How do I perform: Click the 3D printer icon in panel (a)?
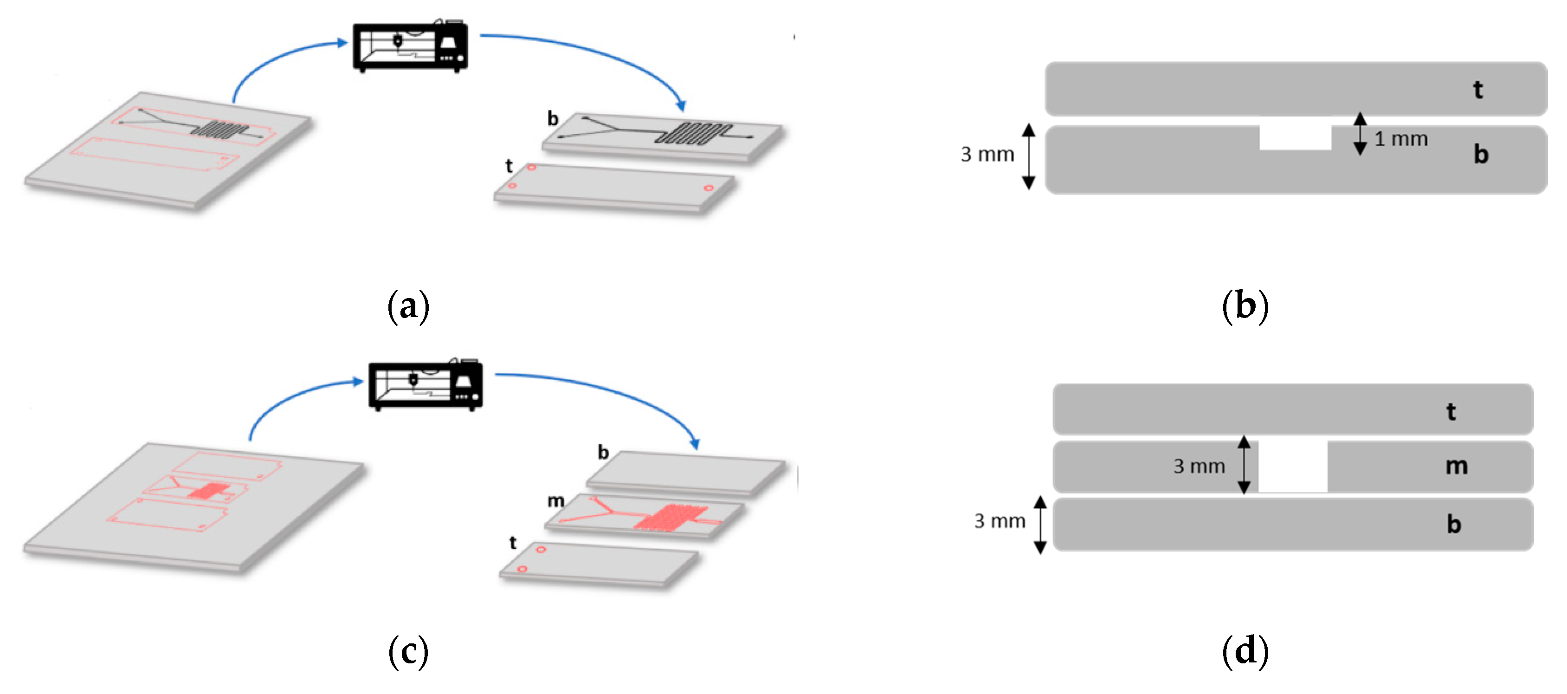coord(411,46)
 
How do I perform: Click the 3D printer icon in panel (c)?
coord(426,385)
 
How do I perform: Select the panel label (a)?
coord(408,306)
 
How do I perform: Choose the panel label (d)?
coord(1245,651)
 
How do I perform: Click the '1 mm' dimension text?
coord(1401,139)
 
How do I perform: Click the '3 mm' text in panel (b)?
coord(987,155)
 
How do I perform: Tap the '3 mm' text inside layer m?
coord(1199,467)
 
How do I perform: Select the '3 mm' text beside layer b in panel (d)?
coord(1000,521)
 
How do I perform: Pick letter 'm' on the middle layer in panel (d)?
coord(1456,467)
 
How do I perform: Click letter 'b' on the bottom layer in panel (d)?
coord(1454,524)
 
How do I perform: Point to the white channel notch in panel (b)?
coord(1295,137)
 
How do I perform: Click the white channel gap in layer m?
coord(1293,467)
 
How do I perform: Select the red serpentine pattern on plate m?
coord(671,518)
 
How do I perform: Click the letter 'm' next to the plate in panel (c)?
coord(555,501)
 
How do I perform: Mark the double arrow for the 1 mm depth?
coord(1360,134)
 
